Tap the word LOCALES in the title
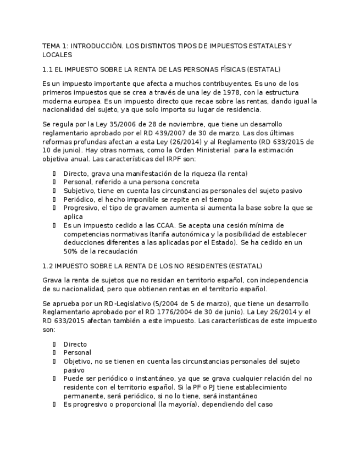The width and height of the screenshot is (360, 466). point(57,55)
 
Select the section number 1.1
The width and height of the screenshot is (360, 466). point(47,69)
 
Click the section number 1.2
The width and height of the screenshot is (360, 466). point(47,266)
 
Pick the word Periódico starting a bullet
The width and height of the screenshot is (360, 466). point(79,199)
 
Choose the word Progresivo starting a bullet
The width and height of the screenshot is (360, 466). point(81,208)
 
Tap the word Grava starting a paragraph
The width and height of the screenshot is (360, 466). point(52,280)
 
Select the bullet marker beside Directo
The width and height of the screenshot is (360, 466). point(54,344)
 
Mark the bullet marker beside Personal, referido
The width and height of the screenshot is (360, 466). point(54,182)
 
